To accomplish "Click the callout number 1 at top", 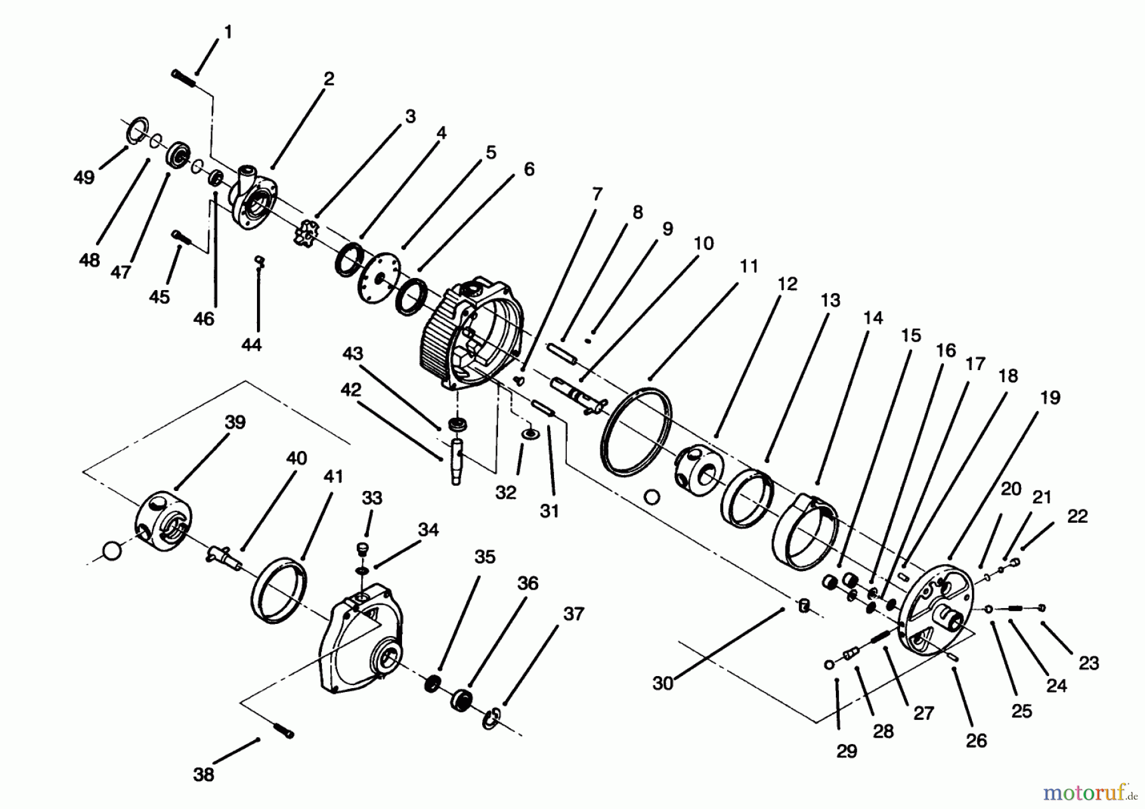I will tap(228, 32).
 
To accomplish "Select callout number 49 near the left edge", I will tap(84, 177).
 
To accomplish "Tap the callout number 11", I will tap(749, 266).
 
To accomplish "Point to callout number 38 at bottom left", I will tap(204, 775).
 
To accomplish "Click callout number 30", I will tap(663, 684).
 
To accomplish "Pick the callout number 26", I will tap(976, 740).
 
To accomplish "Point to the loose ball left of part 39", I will tap(112, 551).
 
